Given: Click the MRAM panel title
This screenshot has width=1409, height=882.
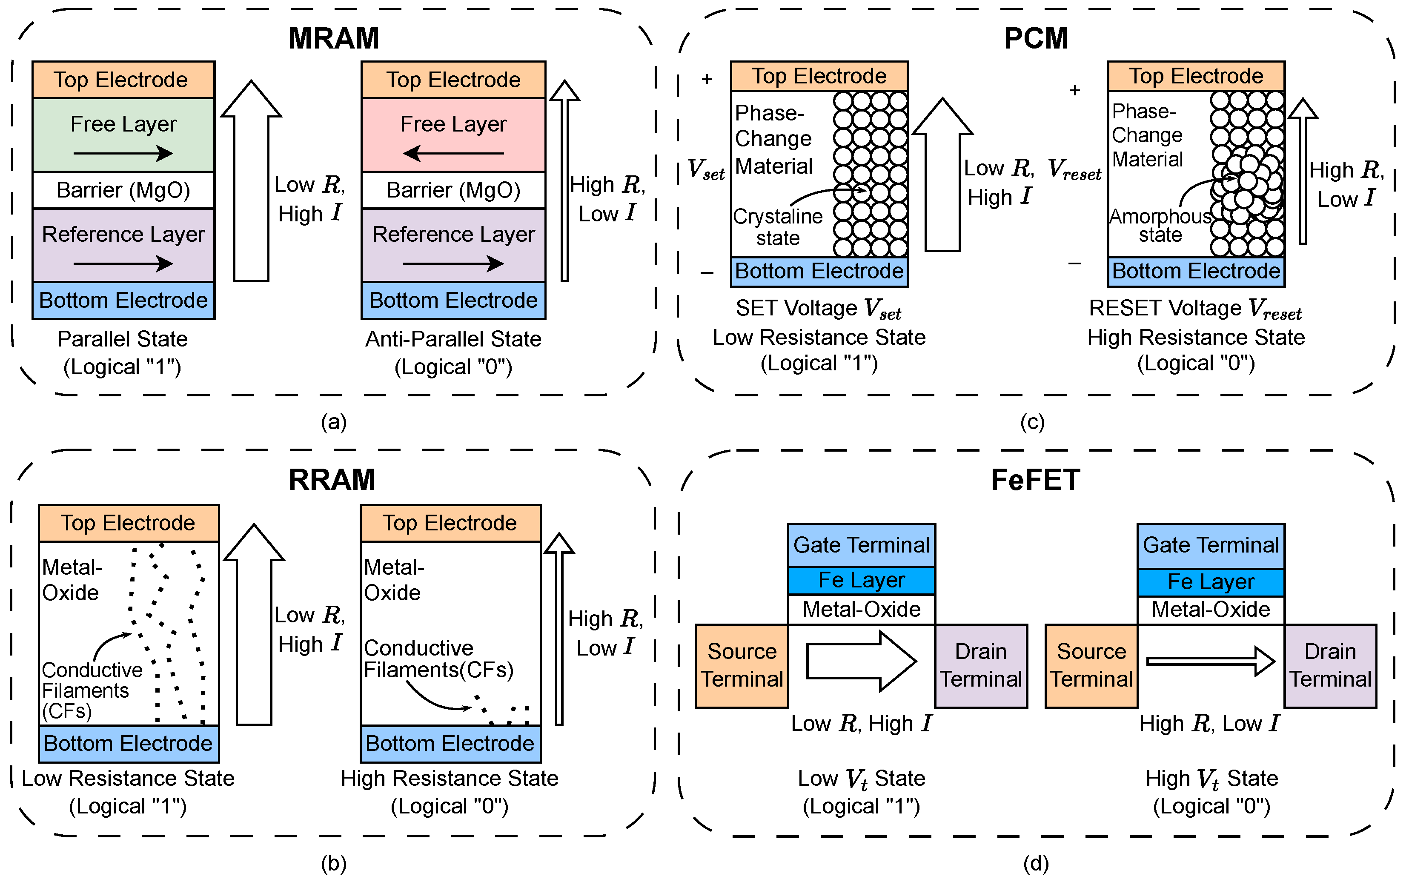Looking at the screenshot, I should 334,38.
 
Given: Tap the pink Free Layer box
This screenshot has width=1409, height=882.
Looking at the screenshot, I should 453,134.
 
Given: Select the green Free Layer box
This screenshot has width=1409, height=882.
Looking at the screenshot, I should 123,134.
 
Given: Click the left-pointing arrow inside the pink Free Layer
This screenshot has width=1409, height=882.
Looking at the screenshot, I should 453,153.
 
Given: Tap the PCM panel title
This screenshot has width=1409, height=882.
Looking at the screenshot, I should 1036,38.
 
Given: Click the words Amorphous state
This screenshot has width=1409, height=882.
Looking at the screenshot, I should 1160,225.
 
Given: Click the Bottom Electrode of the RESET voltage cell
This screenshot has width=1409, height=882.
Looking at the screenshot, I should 1196,271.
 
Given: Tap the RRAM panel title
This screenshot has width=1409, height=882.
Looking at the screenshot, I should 332,479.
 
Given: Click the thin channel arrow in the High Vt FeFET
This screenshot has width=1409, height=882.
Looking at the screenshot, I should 1210,661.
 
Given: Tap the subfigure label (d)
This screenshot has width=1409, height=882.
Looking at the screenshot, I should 1036,863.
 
